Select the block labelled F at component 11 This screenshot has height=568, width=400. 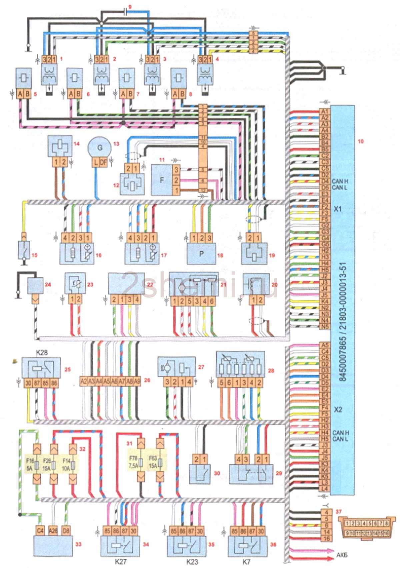(162, 180)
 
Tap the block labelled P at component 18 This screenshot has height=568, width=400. (201, 253)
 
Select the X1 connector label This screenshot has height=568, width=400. (338, 209)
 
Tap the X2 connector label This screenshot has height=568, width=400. (338, 409)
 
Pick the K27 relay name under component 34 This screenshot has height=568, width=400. (120, 561)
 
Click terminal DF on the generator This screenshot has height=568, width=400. (103, 162)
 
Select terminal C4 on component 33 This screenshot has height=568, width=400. (40, 530)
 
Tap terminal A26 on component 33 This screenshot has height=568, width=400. (53, 530)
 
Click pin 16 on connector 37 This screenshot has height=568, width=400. (326, 539)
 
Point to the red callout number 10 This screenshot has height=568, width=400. (361, 141)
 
